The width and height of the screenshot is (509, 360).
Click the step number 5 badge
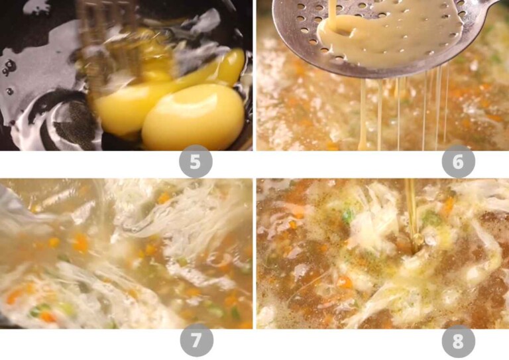click(x=195, y=162)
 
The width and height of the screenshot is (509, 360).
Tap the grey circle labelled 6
click(x=458, y=162)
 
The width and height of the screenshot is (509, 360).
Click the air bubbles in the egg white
click(x=9, y=67)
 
